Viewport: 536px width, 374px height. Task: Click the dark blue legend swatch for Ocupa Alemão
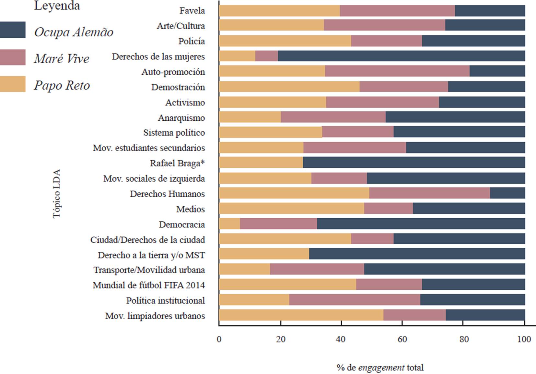pyautogui.click(x=13, y=30)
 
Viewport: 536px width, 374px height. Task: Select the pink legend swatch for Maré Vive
pyautogui.click(x=13, y=57)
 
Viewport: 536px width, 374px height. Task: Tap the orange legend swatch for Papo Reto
pyautogui.click(x=13, y=84)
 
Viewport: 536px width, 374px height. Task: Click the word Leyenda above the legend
pyautogui.click(x=57, y=6)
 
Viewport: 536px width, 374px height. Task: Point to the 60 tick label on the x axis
pyautogui.click(x=402, y=339)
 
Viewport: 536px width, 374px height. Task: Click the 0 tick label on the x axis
pyautogui.click(x=219, y=339)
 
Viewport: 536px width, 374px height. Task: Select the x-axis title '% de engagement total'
pyautogui.click(x=380, y=368)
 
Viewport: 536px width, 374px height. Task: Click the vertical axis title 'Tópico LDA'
pyautogui.click(x=57, y=194)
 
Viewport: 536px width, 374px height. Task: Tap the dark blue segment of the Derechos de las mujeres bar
pyautogui.click(x=401, y=56)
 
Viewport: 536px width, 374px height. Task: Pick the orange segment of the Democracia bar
pyautogui.click(x=229, y=224)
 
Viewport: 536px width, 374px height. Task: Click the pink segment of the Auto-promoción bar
pyautogui.click(x=397, y=71)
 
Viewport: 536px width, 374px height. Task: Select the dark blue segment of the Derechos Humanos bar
pyautogui.click(x=507, y=193)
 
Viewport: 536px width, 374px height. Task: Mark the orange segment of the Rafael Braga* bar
pyautogui.click(x=261, y=163)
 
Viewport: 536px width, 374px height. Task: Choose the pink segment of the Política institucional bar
pyautogui.click(x=355, y=300)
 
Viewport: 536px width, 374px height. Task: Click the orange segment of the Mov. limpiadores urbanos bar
pyautogui.click(x=301, y=315)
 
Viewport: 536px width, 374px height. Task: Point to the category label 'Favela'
pyautogui.click(x=192, y=11)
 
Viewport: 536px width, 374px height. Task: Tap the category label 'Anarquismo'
pyautogui.click(x=181, y=118)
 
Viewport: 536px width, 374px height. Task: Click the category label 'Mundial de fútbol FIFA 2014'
pyautogui.click(x=149, y=285)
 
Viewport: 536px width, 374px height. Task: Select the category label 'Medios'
pyautogui.click(x=191, y=209)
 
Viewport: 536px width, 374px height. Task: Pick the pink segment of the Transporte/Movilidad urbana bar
pyautogui.click(x=317, y=269)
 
